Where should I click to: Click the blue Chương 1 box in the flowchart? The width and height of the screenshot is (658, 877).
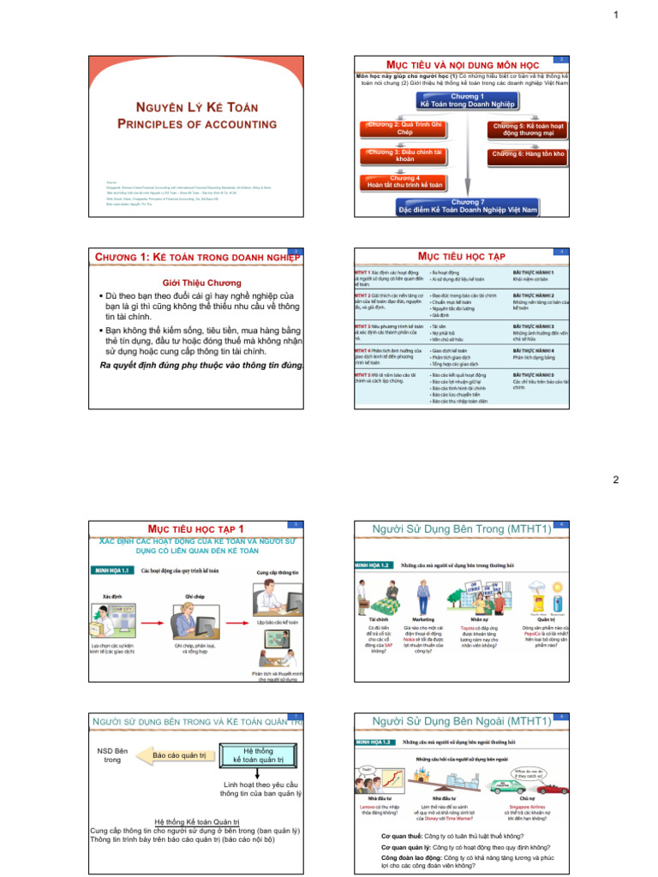tap(468, 100)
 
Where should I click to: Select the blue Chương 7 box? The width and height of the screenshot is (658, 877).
tap(468, 206)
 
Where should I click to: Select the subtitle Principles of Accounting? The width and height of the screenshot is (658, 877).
tap(187, 124)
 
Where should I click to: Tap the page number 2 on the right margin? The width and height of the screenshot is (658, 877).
tap(615, 480)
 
